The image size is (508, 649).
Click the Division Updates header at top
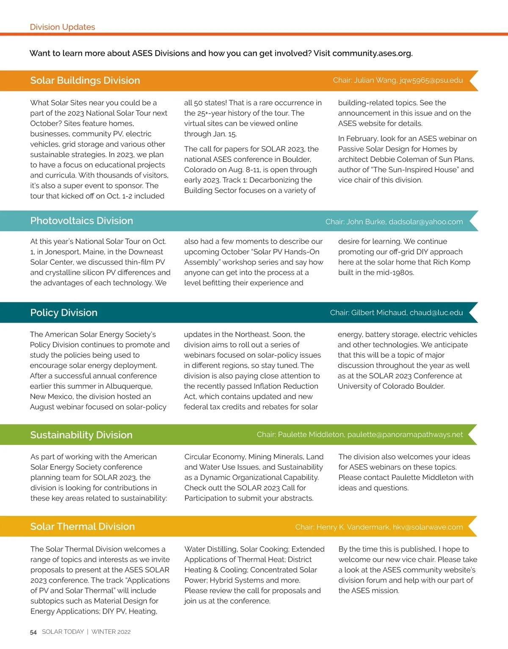(x=62, y=27)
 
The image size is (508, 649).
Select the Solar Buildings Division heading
(x=85, y=80)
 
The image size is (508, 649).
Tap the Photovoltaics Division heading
(x=81, y=221)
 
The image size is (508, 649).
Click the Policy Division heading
(x=63, y=312)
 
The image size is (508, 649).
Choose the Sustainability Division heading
(x=81, y=435)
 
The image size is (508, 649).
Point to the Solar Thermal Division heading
(x=83, y=526)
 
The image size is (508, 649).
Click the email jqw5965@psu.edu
(x=431, y=80)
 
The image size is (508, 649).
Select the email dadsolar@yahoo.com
(x=425, y=222)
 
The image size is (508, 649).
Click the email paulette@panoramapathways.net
(x=405, y=435)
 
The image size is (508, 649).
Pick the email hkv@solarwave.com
(x=428, y=527)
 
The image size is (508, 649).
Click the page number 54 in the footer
(x=33, y=632)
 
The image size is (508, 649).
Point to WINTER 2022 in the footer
(x=111, y=632)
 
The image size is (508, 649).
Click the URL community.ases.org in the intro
(x=372, y=53)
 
